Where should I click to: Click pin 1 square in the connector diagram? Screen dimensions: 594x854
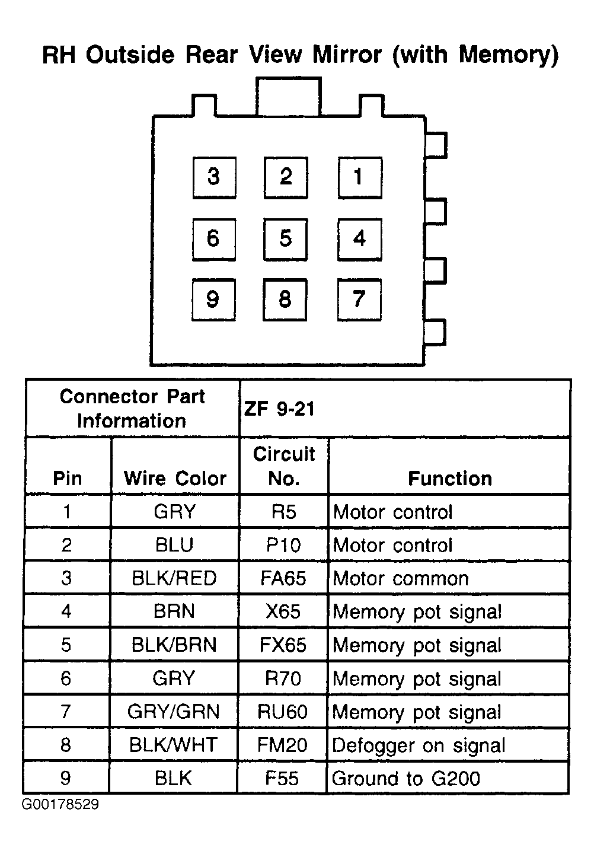360,178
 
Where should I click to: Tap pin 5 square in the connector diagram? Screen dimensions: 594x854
285,240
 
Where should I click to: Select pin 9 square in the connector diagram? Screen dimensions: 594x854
213,299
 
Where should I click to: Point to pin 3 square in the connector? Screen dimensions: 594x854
214,178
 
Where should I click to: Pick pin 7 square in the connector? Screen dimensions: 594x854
359,299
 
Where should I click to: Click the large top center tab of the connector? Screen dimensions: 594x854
289,96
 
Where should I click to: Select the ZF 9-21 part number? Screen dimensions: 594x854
279,409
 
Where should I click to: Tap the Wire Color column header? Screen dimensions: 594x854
175,478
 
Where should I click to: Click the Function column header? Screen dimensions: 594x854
449,478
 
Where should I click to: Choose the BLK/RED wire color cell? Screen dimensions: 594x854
174,578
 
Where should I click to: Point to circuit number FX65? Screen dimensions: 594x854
283,645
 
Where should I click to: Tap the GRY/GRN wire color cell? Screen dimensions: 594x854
173,712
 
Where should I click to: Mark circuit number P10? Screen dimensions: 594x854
283,545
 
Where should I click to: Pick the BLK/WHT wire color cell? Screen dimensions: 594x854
173,745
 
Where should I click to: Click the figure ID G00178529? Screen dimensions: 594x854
60,804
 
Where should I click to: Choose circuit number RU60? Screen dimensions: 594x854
282,712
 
